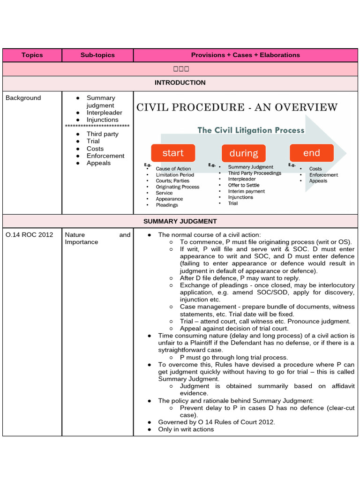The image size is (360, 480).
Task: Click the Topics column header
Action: tap(32, 55)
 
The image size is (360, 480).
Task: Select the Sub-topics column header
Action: tap(97, 55)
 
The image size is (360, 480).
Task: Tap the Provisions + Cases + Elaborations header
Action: tap(245, 55)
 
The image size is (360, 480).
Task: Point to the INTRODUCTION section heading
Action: tap(180, 82)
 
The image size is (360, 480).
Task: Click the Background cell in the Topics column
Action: tap(23, 98)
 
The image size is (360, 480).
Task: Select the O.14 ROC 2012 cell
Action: tap(29, 235)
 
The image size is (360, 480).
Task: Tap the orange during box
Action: tap(243, 153)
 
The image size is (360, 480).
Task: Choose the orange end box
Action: tap(311, 153)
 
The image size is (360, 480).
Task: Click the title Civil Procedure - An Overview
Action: tap(237, 107)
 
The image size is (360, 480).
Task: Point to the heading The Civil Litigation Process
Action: tap(251, 130)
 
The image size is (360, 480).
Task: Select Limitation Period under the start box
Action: tap(174, 175)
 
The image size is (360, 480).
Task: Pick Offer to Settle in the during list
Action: tap(243, 185)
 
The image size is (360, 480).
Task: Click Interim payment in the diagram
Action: tap(246, 191)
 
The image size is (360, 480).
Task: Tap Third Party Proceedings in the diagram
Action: tap(255, 173)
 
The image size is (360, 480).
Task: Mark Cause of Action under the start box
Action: tap(173, 169)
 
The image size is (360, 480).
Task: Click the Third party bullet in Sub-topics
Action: tap(102, 134)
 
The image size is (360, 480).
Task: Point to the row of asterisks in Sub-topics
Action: tap(97, 127)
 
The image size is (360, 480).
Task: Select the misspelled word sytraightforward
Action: tap(190, 350)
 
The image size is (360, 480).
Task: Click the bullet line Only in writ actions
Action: tap(186, 429)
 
